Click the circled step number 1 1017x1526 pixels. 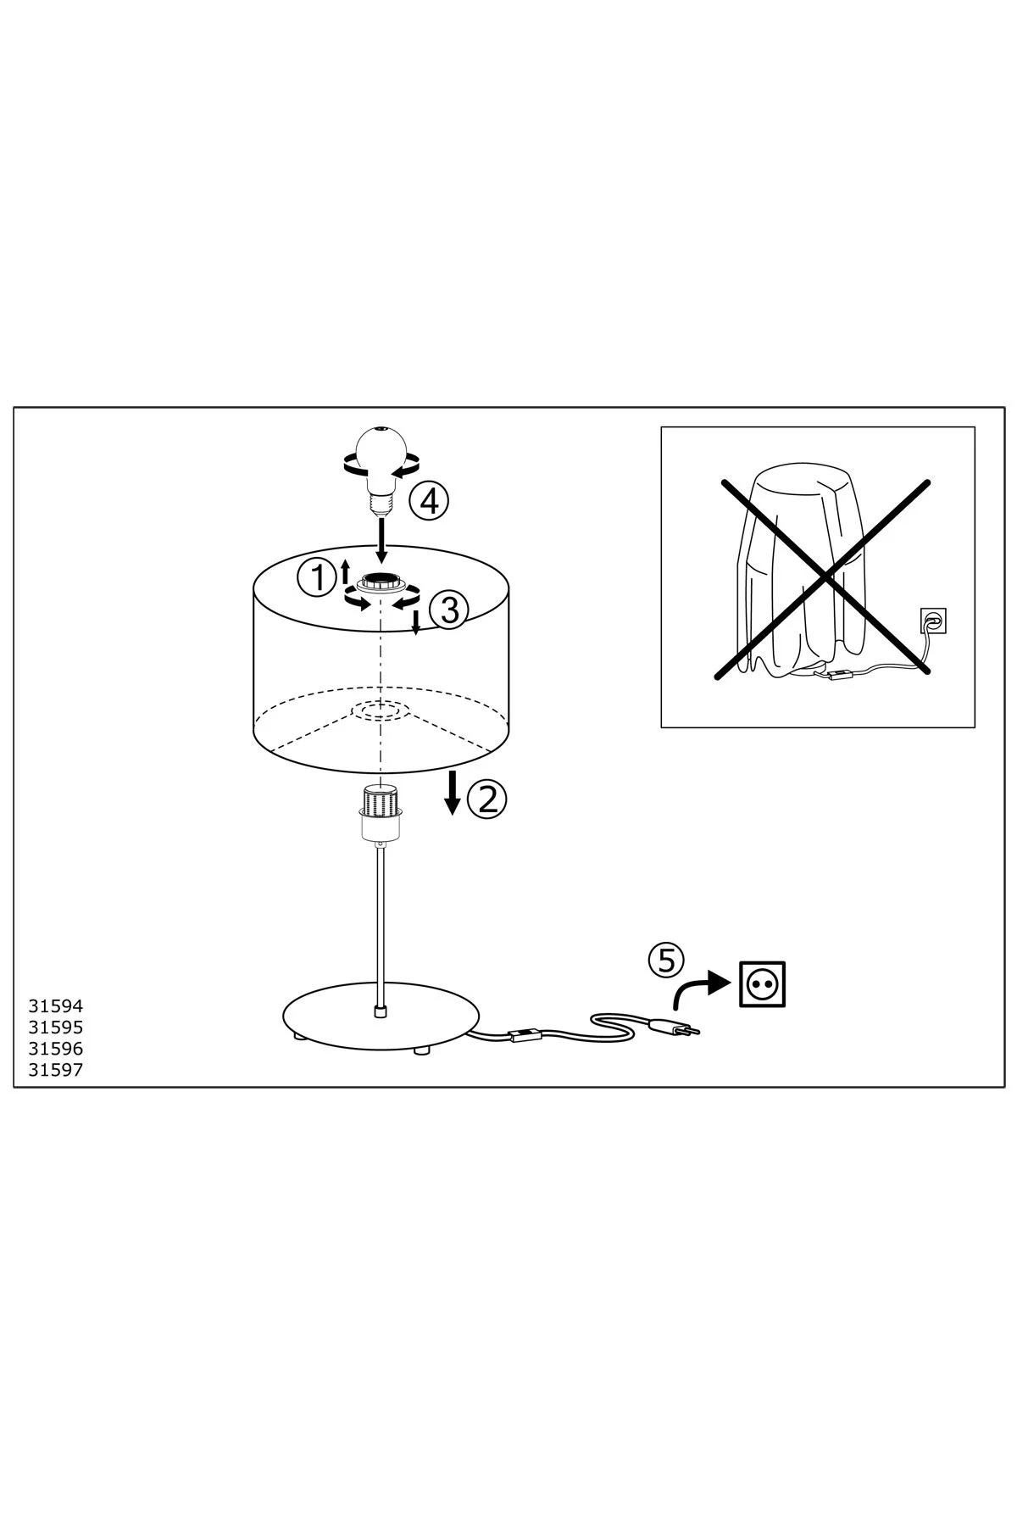315,580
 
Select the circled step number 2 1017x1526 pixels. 488,799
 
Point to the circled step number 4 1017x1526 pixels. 429,502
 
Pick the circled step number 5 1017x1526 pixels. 666,960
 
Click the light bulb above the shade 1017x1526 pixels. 381,468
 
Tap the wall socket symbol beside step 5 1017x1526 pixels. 763,983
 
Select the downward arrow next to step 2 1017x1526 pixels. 453,793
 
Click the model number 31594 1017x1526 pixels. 56,1006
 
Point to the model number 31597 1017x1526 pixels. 56,1070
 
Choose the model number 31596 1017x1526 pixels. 56,1049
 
